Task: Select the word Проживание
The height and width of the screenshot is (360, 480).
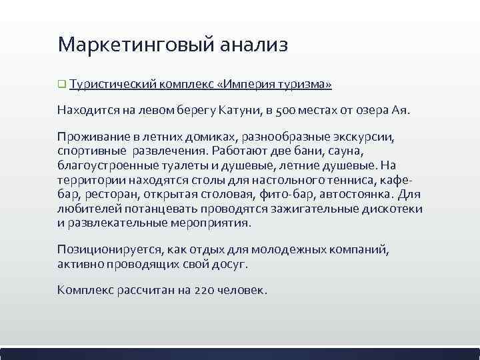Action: [91, 137]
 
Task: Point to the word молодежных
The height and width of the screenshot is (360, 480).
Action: [289, 251]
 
